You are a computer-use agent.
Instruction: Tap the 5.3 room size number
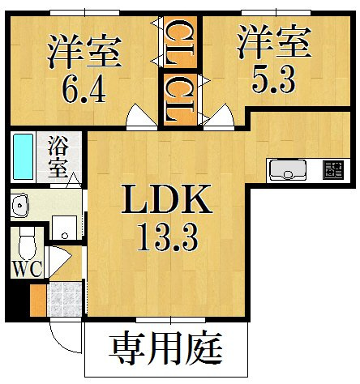coord(273,79)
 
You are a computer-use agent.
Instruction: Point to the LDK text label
coord(166,199)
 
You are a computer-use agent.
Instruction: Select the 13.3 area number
coord(168,237)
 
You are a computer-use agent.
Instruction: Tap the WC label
coord(28,268)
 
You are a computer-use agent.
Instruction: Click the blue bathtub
coord(24,156)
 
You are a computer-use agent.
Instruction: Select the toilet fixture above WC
coord(28,243)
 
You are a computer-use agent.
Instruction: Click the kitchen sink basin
coord(288,170)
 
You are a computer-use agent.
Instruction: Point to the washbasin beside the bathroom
coord(19,205)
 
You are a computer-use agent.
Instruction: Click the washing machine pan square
coord(65,228)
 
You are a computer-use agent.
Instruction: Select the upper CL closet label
coord(179,42)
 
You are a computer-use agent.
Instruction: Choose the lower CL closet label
coord(179,99)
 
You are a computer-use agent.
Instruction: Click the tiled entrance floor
coord(64,299)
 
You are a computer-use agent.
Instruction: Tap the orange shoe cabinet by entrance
coord(38,301)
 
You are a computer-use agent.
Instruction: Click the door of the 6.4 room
coord(142,117)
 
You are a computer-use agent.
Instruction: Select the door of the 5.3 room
coord(219,117)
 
